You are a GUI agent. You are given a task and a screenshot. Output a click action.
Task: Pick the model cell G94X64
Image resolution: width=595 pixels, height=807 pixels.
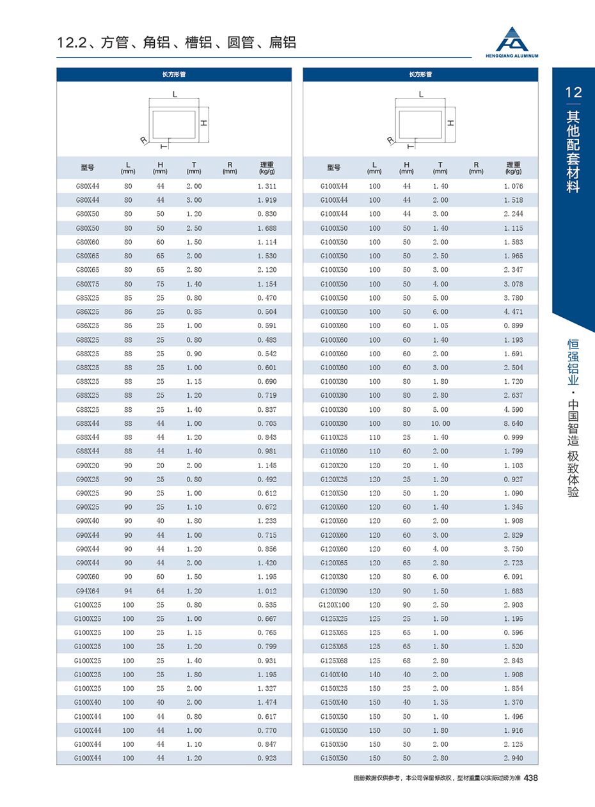[x=88, y=591]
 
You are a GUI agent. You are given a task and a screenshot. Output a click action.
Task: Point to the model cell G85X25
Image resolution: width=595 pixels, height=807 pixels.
[x=88, y=297]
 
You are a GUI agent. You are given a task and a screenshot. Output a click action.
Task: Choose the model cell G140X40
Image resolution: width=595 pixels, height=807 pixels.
[x=334, y=675]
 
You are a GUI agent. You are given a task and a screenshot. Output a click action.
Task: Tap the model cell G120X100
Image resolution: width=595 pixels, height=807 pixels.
[x=334, y=605]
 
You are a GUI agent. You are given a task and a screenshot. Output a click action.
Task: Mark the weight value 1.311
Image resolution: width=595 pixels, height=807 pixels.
[x=267, y=186]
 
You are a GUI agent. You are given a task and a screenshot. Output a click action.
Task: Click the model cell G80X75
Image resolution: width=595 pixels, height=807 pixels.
[x=88, y=283]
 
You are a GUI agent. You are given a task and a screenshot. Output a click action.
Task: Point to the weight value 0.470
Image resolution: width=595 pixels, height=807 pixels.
[x=267, y=297]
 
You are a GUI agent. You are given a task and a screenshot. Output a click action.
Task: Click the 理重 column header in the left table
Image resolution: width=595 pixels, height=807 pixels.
[x=267, y=168]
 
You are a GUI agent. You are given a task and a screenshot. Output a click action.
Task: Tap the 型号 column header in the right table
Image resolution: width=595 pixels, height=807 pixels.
[x=334, y=168]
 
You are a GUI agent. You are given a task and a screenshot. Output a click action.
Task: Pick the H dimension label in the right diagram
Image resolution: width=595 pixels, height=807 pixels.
[x=450, y=121]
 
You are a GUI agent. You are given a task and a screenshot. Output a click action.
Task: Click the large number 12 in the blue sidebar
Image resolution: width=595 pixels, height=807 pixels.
[x=573, y=93]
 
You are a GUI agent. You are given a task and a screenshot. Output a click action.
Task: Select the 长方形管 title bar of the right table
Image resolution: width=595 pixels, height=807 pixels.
[x=420, y=75]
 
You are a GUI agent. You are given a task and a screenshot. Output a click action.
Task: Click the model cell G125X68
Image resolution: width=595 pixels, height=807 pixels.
[x=334, y=661]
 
